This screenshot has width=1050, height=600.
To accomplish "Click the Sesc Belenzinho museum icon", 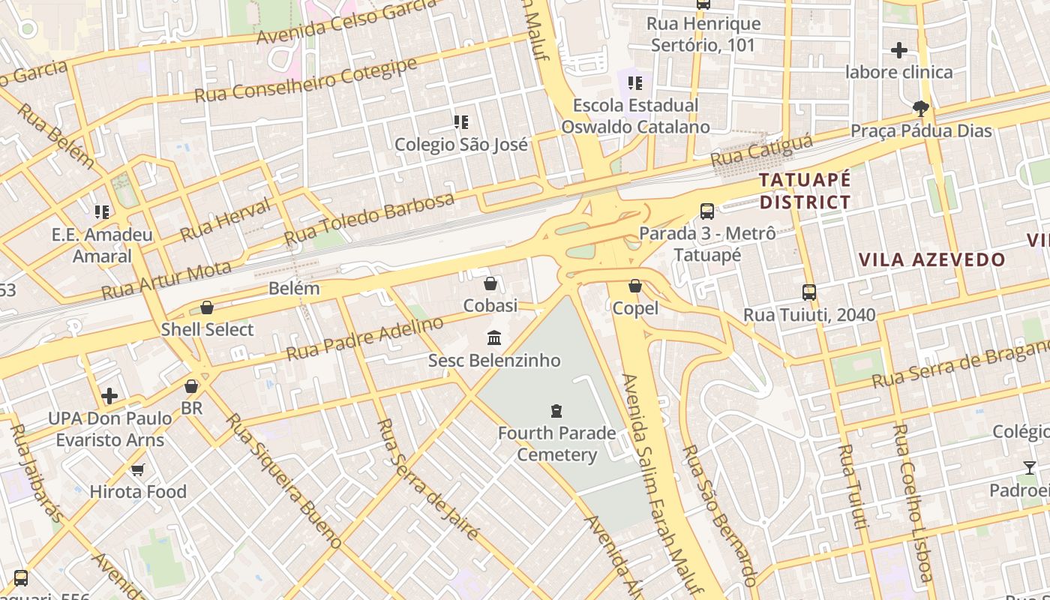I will coord(493,338).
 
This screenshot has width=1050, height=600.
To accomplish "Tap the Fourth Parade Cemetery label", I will coord(556,443).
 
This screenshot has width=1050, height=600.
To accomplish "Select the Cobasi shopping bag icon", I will coord(490,283).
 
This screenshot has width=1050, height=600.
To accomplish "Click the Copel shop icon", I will coord(635,286).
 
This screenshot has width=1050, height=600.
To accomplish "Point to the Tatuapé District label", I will coord(805,191).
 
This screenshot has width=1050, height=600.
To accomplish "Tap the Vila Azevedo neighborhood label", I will coord(931,260).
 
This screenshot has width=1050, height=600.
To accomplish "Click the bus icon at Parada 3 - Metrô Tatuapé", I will coord(706,211).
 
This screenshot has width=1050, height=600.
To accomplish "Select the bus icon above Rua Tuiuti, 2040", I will coord(809,292).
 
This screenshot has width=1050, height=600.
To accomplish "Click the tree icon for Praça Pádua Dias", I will coord(921,109).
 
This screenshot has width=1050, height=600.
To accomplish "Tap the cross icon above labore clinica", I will coord(898,50).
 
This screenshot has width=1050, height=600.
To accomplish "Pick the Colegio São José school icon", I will coord(461,121).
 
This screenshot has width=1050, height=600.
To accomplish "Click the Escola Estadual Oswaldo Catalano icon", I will coord(635,82).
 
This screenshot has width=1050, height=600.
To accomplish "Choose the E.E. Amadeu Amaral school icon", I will coord(102,212).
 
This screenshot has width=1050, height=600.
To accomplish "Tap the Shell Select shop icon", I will coord(207,307).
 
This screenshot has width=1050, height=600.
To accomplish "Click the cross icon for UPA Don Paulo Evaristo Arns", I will coord(109,395).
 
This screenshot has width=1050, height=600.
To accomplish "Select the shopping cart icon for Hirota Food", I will coord(137,469).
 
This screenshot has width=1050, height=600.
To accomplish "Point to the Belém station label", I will coord(294,288).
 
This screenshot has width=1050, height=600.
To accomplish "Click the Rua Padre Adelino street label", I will coord(365,338).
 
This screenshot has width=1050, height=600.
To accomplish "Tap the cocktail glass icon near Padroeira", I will coord(1029,468).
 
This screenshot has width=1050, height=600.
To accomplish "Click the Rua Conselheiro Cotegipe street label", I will coord(305,81).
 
